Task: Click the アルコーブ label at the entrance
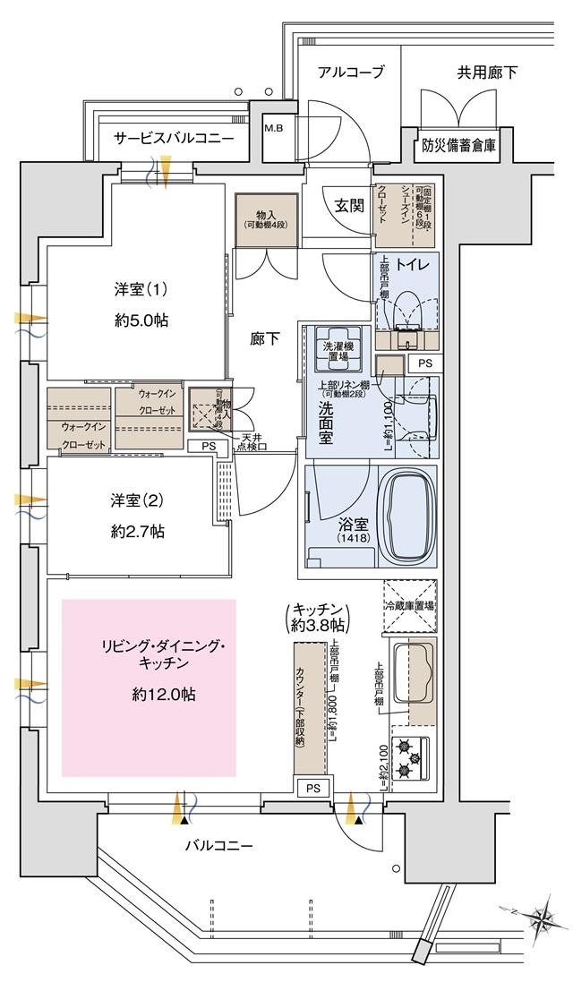click(352, 73)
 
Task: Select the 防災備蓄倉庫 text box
click(460, 144)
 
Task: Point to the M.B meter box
click(272, 126)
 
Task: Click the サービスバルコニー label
click(174, 139)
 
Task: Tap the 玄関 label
click(349, 206)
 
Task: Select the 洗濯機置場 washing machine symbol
click(337, 346)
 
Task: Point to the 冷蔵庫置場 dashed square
click(410, 606)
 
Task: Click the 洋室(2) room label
click(137, 500)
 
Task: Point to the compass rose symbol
click(542, 918)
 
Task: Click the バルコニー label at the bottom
click(219, 845)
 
